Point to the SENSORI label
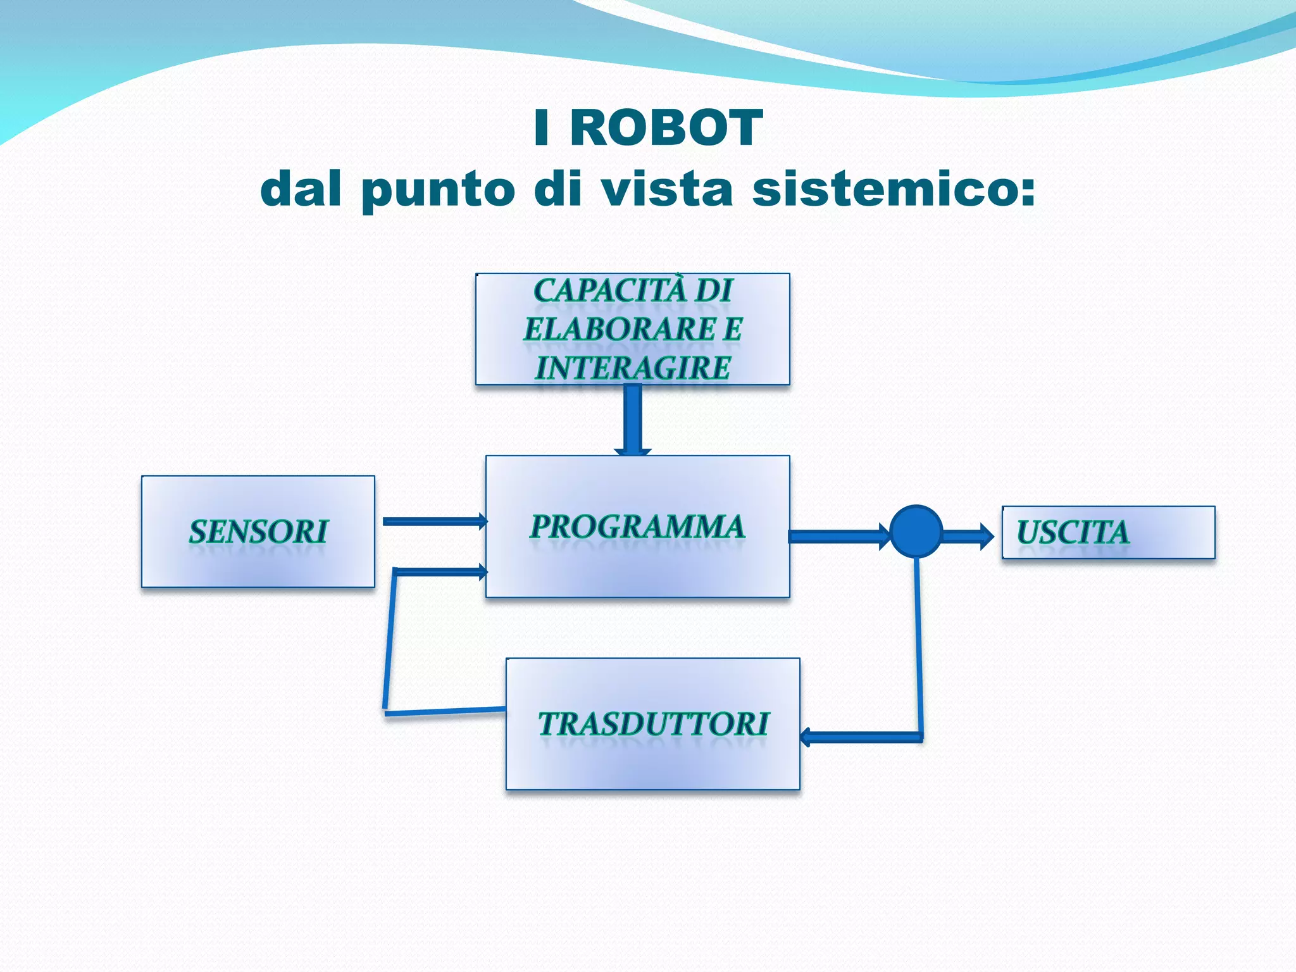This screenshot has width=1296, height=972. click(x=258, y=532)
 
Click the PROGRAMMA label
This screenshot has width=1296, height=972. click(x=637, y=527)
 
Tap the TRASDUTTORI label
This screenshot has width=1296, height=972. click(x=653, y=724)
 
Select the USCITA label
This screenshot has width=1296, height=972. click(x=1073, y=532)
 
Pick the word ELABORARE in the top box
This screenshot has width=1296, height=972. click(x=619, y=330)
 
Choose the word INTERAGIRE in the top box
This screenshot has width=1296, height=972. click(x=633, y=368)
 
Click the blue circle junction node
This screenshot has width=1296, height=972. click(x=916, y=532)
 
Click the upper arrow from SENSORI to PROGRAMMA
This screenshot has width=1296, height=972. click(x=434, y=521)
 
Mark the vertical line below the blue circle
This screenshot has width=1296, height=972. click(x=919, y=645)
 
